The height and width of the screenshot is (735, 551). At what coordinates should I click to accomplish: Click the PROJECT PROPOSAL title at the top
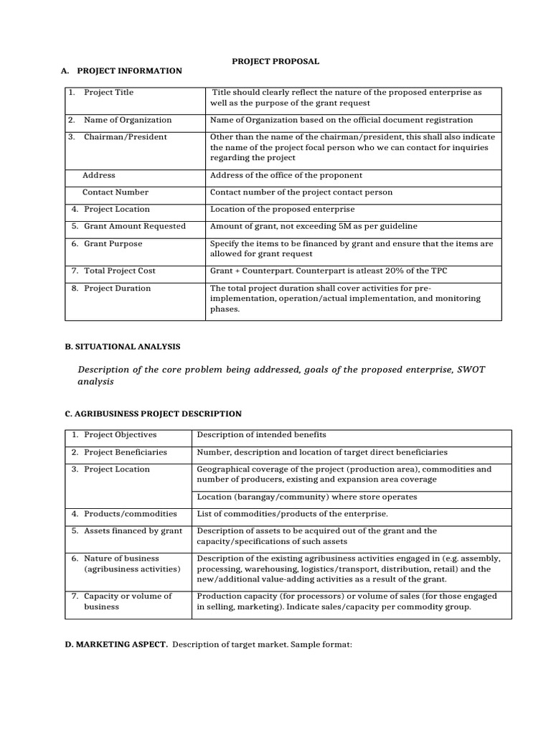coord(275,62)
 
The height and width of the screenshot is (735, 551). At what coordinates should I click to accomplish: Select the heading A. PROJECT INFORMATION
coord(122,71)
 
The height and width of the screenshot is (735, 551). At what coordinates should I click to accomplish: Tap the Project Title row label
coord(108,93)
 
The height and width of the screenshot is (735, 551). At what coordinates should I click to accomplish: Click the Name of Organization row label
coord(128,120)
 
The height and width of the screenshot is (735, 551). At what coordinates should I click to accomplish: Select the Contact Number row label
coord(116,192)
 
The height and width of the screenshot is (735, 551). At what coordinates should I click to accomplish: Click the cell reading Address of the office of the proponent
coord(286,175)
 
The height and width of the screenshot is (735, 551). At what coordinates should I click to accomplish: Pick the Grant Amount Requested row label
coord(134,226)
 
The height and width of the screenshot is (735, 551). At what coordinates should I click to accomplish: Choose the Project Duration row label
coord(117,289)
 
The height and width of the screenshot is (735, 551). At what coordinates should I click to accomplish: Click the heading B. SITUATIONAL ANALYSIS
coord(123,347)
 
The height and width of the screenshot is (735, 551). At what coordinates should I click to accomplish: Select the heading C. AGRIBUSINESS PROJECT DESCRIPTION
coord(154,414)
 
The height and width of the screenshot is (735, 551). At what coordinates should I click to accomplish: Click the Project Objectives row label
coord(120,435)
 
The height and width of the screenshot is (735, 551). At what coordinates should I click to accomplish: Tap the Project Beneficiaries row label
coord(125,452)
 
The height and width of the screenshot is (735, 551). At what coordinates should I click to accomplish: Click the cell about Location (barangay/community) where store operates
coord(306,497)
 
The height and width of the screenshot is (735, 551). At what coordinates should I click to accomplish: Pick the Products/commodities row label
coord(130,514)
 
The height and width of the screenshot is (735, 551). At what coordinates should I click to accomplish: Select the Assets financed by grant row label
coord(133,531)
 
